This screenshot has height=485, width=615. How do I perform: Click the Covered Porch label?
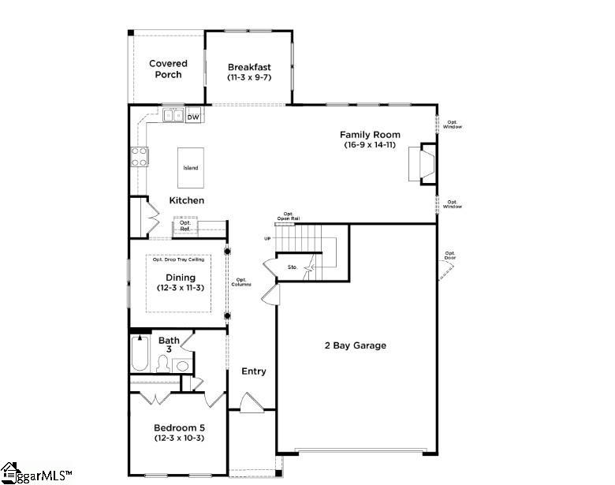[x=167, y=69]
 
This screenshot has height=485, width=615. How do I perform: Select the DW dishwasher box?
[x=193, y=117]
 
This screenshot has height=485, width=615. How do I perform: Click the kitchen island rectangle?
[x=191, y=167]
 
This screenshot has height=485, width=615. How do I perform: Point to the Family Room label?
[x=369, y=135]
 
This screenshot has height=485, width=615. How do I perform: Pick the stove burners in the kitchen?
[x=139, y=156]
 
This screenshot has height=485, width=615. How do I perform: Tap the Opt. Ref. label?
[x=185, y=226]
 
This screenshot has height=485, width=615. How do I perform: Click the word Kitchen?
[x=187, y=200]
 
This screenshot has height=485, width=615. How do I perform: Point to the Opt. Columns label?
[x=242, y=282]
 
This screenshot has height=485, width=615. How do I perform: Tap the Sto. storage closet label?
[x=292, y=268]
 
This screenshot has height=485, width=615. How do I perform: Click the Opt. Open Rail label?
[x=288, y=216]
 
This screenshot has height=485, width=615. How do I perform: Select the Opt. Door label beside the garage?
[x=449, y=256]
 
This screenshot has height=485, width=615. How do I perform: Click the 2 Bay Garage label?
[x=356, y=345]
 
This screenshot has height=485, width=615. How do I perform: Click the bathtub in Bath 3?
[x=140, y=356]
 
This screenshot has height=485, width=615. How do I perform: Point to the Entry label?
[x=254, y=371]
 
